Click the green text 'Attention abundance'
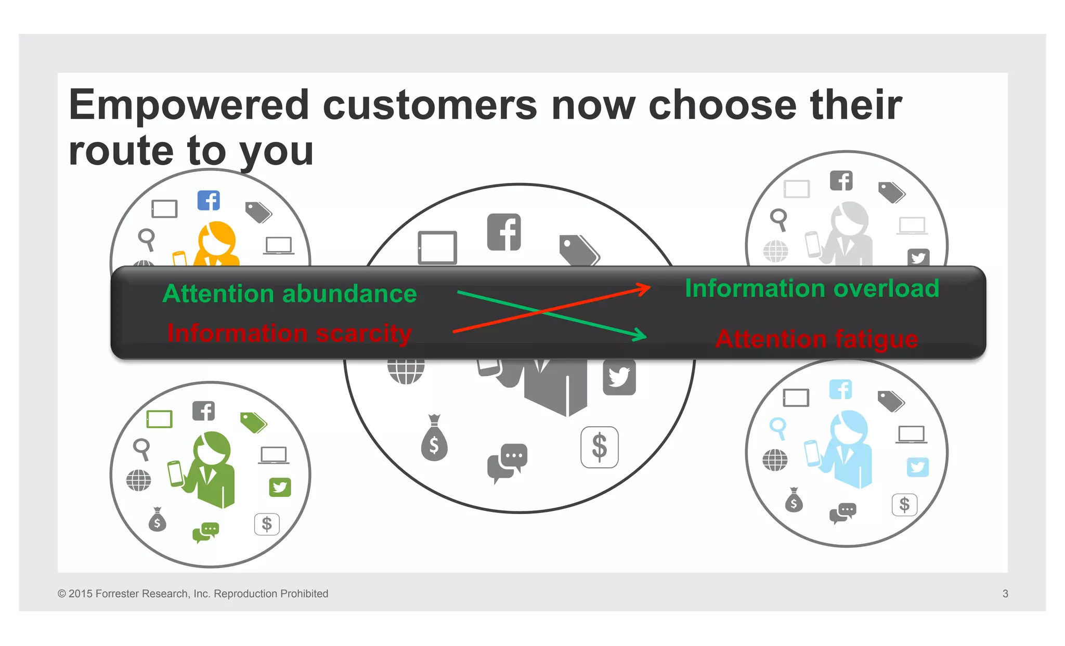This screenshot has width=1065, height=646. pos(290,294)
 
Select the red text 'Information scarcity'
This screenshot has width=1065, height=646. pos(289,333)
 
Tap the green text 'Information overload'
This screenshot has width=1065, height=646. pos(812,288)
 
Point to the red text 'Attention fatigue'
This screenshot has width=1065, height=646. pos(816,339)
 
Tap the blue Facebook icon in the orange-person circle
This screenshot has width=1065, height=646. pos(209,201)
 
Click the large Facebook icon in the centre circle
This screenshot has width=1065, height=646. pos(504,232)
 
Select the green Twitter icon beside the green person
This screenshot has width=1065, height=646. pos(280,487)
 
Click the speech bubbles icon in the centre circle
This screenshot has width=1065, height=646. pos(507,461)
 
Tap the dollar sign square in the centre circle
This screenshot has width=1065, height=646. pos(600,447)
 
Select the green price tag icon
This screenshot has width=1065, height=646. pos(254,422)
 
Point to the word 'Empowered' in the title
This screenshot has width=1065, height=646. pos(189,105)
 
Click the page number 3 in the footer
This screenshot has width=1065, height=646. pos(1005,594)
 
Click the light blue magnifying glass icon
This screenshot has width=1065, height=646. pos(778,428)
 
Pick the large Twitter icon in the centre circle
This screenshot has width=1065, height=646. pos(619,377)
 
